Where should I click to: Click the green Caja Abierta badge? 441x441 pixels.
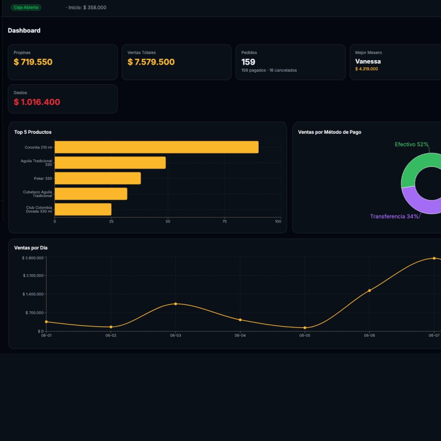click(x=26, y=8)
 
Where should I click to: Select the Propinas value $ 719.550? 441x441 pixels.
click(x=33, y=62)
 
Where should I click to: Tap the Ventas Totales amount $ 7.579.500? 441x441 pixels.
click(x=151, y=62)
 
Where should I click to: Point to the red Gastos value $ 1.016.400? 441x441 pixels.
click(x=37, y=102)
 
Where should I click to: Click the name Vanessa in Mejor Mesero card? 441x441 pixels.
click(x=368, y=61)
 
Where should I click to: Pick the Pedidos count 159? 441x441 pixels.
click(x=249, y=62)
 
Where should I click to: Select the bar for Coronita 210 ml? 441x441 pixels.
click(x=157, y=147)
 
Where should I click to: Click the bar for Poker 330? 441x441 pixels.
click(x=98, y=178)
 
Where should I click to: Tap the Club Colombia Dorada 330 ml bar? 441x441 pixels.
click(x=83, y=209)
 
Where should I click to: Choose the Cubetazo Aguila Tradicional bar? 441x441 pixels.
click(x=91, y=194)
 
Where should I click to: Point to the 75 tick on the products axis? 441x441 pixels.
click(x=225, y=222)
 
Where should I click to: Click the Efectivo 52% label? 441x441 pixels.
click(x=411, y=144)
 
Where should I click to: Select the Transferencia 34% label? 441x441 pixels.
click(x=394, y=216)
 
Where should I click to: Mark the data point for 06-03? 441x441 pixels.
click(x=175, y=304)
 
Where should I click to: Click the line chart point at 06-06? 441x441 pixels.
click(x=369, y=291)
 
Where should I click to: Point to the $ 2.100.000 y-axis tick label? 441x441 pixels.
click(x=33, y=276)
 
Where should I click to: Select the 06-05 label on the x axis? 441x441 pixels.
click(x=305, y=336)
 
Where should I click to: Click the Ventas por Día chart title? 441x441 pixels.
click(x=31, y=248)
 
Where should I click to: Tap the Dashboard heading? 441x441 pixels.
click(x=24, y=31)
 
